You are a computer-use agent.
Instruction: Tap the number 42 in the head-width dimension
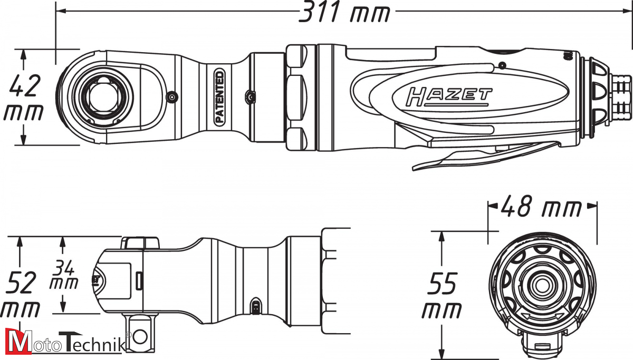(x=25, y=85)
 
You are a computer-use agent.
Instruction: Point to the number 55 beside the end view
(x=442, y=283)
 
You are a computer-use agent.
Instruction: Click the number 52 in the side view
(x=21, y=282)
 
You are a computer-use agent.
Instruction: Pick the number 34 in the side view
(x=64, y=268)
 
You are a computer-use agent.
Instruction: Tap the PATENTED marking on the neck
(x=219, y=97)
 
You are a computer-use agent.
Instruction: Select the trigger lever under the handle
(x=486, y=156)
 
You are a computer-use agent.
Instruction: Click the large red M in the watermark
(x=18, y=341)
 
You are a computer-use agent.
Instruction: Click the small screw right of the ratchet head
(x=171, y=97)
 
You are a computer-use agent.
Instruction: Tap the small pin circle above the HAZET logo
(x=502, y=66)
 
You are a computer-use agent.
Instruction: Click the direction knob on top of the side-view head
(x=140, y=243)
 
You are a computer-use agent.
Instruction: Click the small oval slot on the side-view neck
(x=255, y=306)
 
